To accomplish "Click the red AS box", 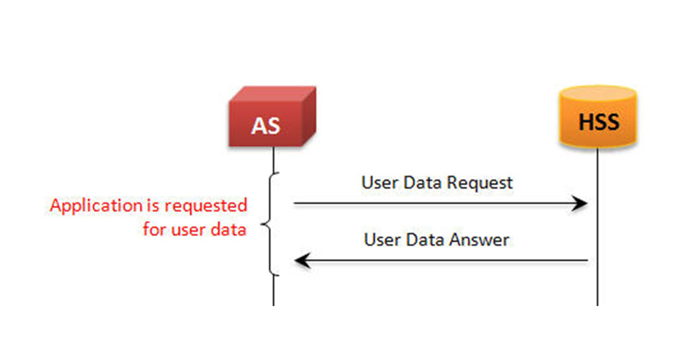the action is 272,117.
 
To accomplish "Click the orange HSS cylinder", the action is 598,117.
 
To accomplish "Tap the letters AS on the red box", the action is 266,126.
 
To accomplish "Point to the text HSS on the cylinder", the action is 598,122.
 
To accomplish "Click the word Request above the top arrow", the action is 480,183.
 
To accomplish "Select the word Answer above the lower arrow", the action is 480,240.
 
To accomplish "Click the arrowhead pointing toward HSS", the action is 580,204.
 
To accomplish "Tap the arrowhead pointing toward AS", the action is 302,261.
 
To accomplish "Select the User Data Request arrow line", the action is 441,204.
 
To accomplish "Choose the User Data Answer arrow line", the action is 441,261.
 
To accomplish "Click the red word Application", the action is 96,207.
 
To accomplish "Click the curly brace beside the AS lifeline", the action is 270,224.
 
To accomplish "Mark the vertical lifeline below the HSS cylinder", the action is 598,227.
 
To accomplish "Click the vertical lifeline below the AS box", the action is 274,226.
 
